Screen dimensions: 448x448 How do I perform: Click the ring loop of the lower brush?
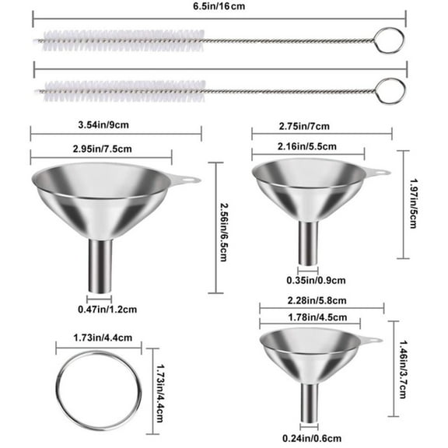(394, 91)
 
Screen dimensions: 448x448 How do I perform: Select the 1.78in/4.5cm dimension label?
(310, 316)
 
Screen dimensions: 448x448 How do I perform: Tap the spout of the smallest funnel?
(309, 400)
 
